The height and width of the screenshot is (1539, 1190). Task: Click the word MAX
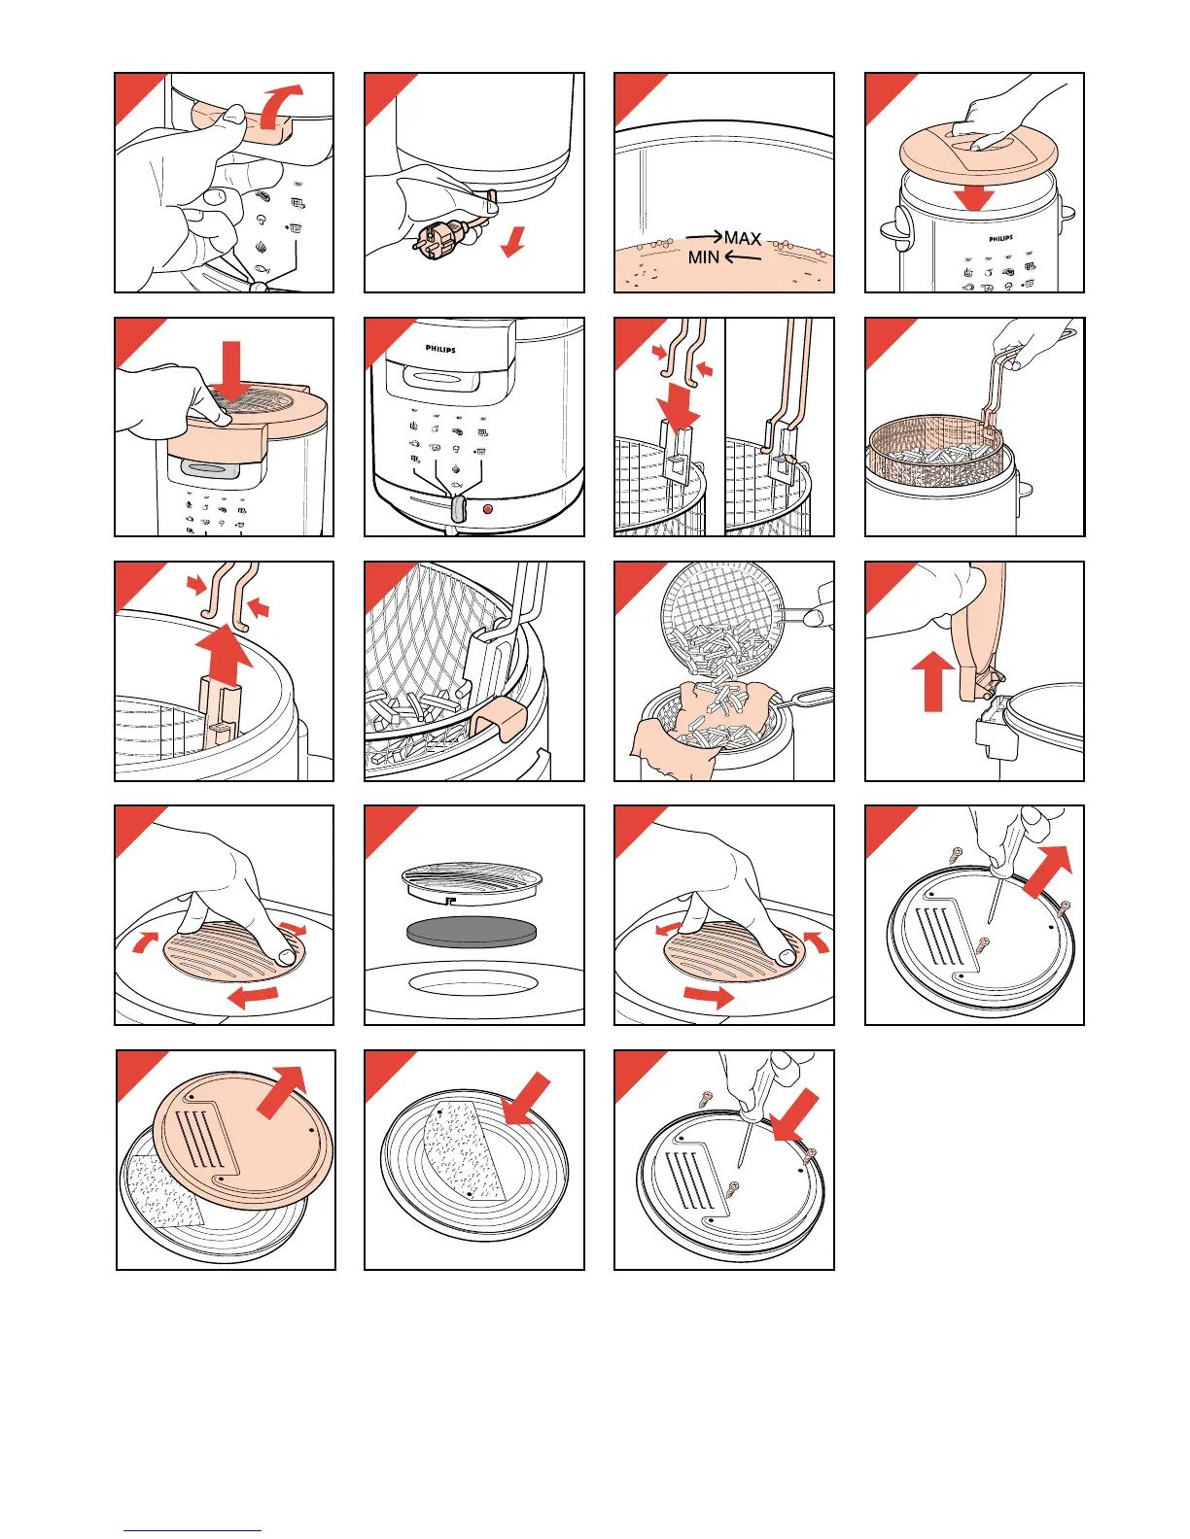[x=743, y=238]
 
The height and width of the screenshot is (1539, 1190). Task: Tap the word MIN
[x=703, y=257]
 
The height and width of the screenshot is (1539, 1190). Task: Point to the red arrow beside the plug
[x=512, y=242]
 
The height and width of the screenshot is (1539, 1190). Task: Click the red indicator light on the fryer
[x=488, y=509]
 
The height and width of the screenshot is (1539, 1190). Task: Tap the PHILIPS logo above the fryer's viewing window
[x=440, y=349]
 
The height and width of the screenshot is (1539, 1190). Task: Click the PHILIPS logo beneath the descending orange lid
[x=1000, y=238]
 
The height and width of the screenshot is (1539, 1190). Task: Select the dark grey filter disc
[x=472, y=932]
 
